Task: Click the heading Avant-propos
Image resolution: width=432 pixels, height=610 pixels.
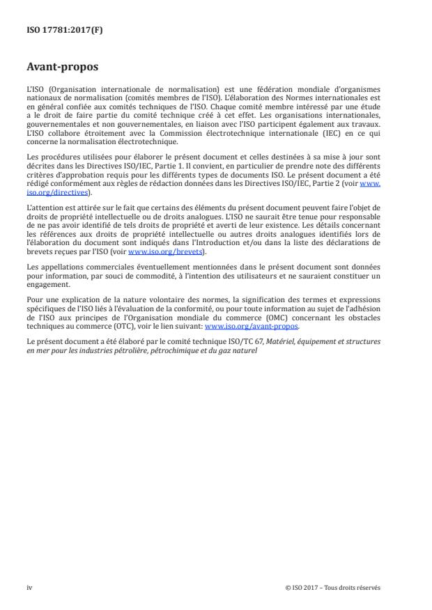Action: coord(62,68)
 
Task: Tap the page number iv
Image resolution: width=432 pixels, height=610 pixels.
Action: coord(29,587)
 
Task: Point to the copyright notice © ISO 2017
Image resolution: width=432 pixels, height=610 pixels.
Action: coord(307,587)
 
